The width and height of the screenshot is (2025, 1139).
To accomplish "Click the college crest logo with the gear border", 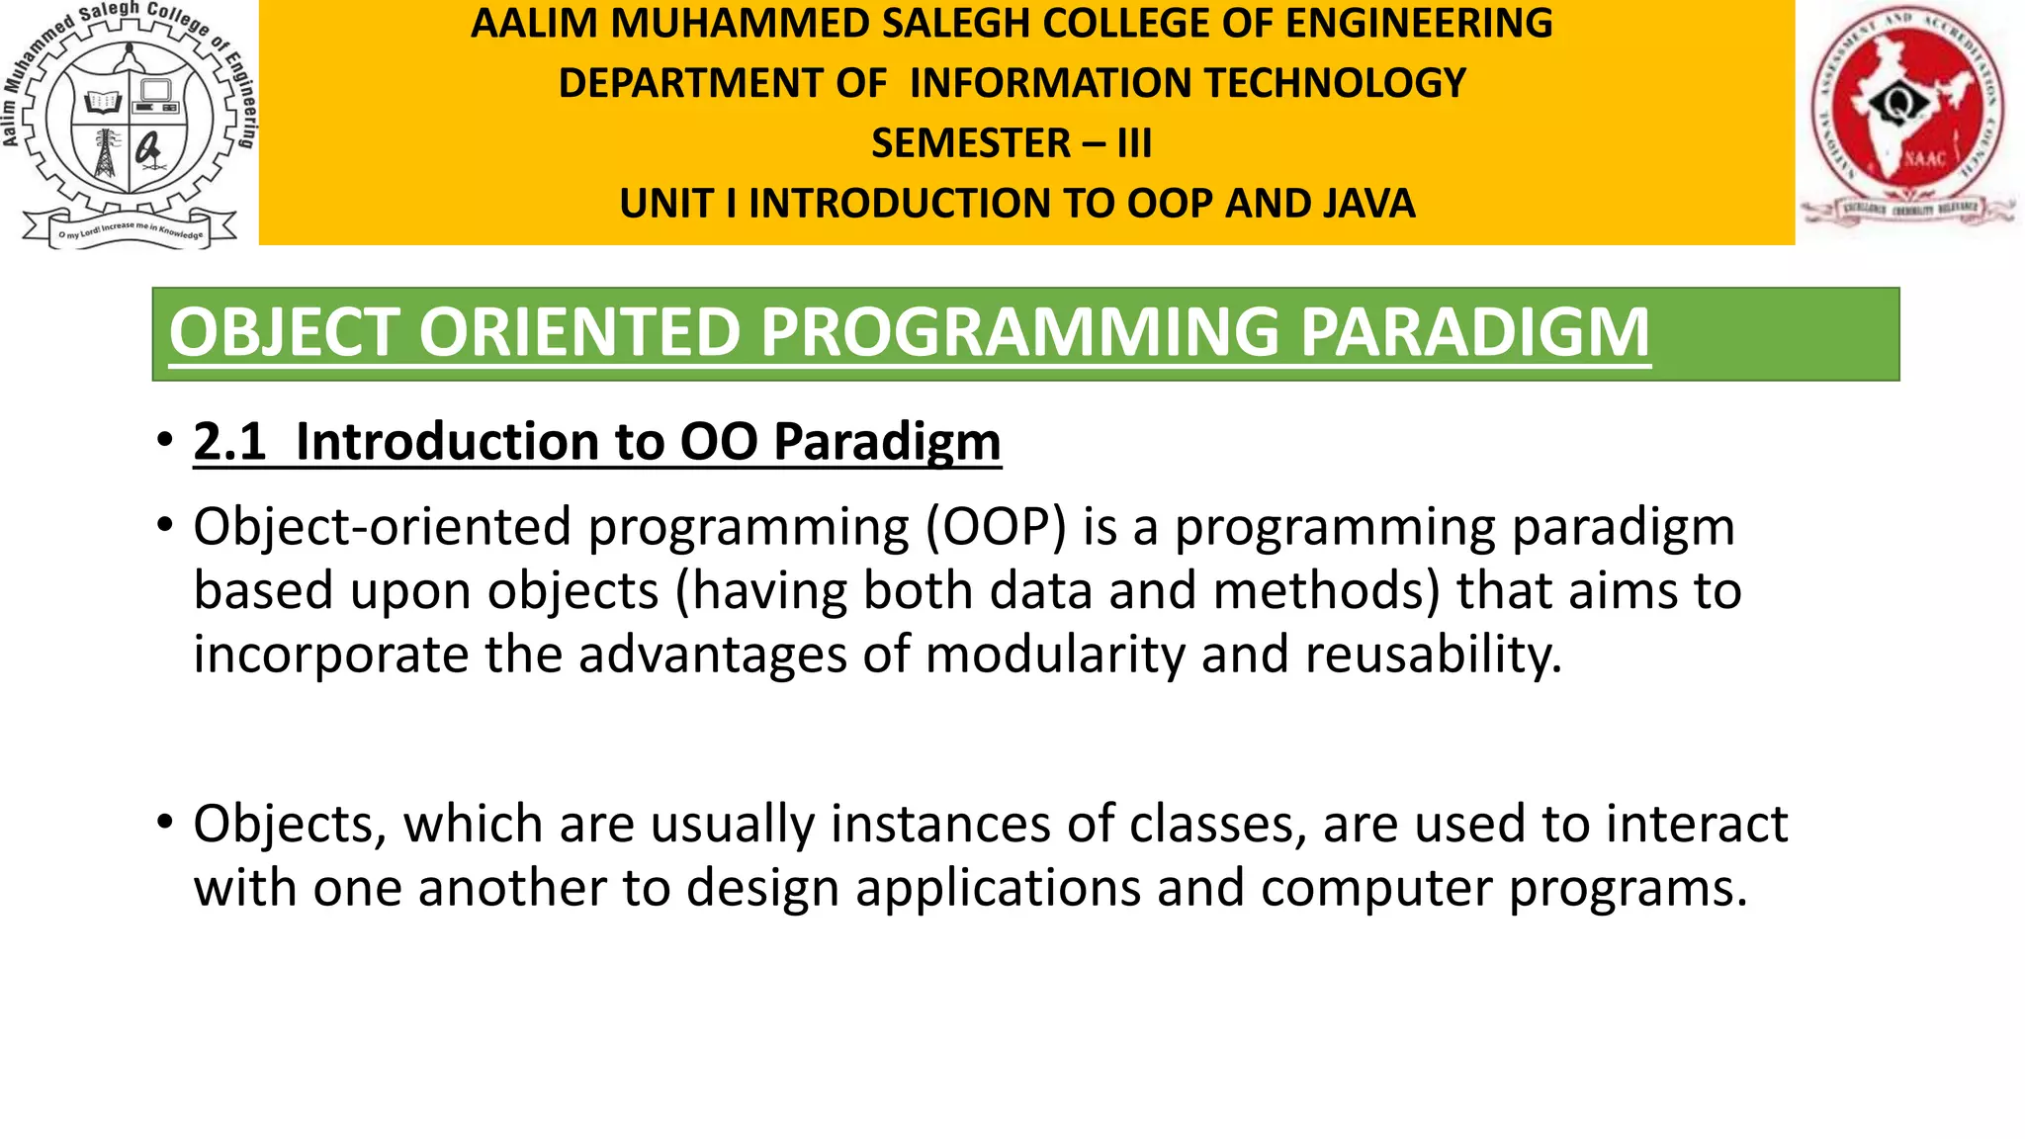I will coord(129,124).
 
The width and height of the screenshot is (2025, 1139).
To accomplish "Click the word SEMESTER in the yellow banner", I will coord(970,143).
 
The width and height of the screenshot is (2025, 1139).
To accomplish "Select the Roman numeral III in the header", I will coord(1134,143).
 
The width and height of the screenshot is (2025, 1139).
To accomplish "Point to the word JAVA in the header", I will coord(1368,204).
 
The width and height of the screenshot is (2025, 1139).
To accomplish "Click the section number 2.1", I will coord(229,441).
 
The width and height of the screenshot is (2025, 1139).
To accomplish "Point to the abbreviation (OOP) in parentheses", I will coord(997,527).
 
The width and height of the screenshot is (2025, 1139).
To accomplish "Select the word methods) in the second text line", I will coord(1326,591).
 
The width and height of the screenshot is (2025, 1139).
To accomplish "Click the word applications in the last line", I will coord(999,888).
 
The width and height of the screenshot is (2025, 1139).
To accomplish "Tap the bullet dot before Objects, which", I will coord(164,821).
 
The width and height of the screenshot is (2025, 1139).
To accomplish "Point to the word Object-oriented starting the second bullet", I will coord(382,527).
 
